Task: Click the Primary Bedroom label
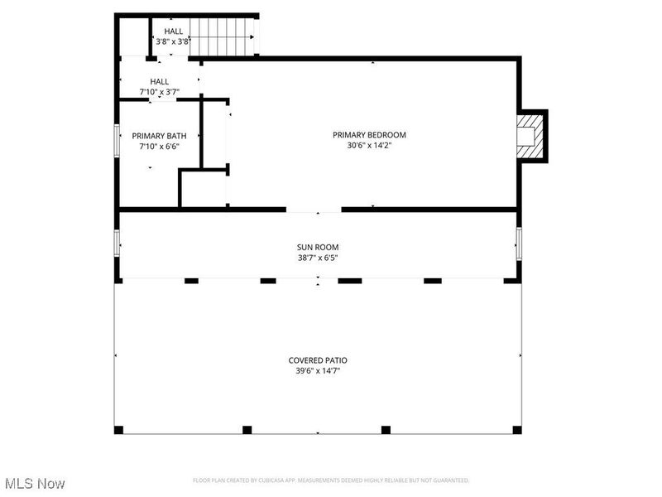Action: (369, 134)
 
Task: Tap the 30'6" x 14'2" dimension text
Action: (369, 146)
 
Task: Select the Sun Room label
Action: (318, 247)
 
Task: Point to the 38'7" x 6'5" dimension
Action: (318, 258)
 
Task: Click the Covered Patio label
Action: (318, 360)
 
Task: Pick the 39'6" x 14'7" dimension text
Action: (318, 371)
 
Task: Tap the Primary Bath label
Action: (160, 136)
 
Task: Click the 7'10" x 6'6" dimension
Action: (160, 147)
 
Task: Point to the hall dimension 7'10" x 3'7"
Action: (159, 92)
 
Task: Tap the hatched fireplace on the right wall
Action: (530, 136)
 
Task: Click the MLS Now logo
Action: (35, 482)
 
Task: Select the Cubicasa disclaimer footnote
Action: (331, 480)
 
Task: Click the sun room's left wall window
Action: (117, 244)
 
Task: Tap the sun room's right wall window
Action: (519, 244)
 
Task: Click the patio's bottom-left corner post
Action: (118, 430)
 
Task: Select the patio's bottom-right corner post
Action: (517, 430)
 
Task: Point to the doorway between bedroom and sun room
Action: (314, 210)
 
